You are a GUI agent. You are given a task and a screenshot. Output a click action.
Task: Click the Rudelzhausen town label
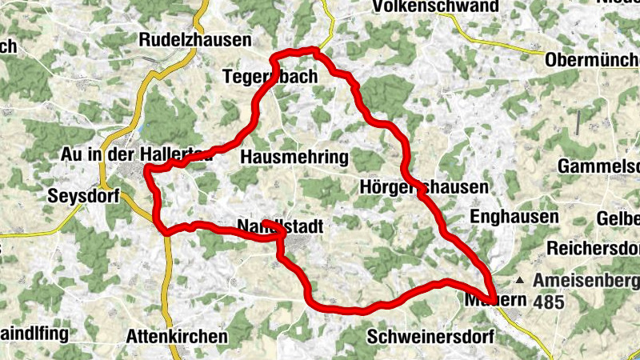195,40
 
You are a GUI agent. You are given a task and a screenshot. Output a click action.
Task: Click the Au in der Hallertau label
136,154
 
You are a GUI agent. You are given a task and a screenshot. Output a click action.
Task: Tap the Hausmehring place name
294,155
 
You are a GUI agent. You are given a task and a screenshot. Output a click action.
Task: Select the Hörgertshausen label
424,187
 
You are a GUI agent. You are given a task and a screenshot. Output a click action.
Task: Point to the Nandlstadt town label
280,227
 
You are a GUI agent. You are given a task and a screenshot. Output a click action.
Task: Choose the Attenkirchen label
177,337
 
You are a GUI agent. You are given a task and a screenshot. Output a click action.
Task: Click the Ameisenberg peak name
586,282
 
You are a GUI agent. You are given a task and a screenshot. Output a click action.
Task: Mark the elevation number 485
551,302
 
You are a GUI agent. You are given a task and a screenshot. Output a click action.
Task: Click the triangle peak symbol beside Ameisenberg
521,281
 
